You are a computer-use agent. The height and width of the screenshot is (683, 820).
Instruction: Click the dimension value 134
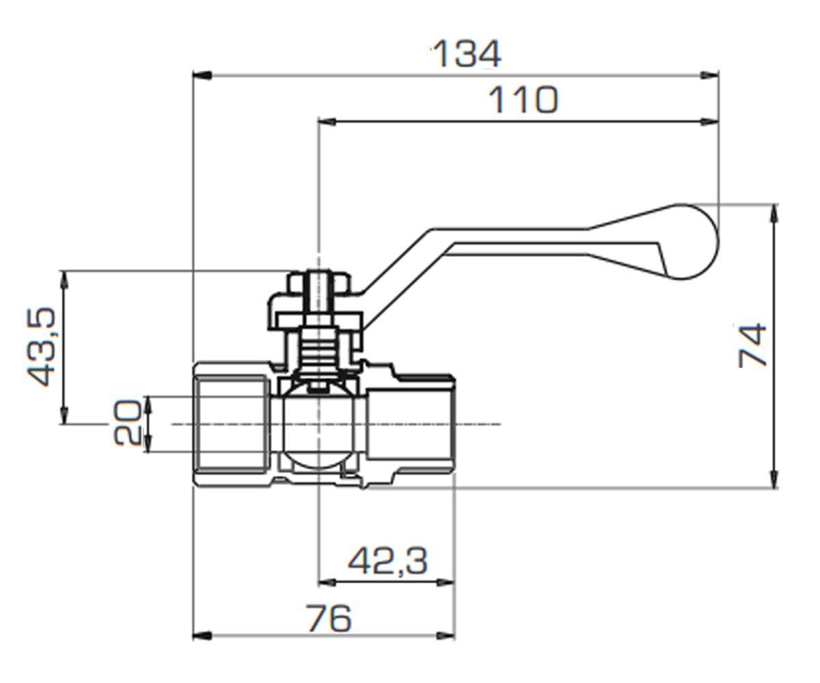[467, 54]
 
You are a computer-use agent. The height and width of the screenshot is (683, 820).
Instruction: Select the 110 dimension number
[523, 100]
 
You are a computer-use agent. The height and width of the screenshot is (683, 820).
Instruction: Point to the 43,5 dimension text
[42, 346]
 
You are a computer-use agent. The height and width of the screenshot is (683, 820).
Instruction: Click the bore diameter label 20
[127, 422]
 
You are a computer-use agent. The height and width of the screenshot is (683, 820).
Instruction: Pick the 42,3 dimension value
[387, 561]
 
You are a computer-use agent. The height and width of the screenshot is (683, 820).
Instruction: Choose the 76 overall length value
[329, 618]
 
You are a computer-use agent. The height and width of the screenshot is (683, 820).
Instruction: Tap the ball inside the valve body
[318, 427]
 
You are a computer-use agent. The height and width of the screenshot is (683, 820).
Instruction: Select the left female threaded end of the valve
[232, 425]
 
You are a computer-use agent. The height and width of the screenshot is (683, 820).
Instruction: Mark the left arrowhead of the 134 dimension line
[202, 75]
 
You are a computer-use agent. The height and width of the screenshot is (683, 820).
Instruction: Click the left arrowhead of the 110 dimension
[327, 122]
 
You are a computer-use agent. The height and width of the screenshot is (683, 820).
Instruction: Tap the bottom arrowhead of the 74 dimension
[774, 478]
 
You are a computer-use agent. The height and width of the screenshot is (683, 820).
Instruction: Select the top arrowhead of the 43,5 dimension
[64, 281]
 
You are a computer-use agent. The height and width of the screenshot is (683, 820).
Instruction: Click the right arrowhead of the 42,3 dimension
[445, 583]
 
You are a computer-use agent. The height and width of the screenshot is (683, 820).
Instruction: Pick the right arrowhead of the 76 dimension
[445, 635]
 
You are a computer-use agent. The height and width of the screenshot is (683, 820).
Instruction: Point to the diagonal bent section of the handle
[396, 271]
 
